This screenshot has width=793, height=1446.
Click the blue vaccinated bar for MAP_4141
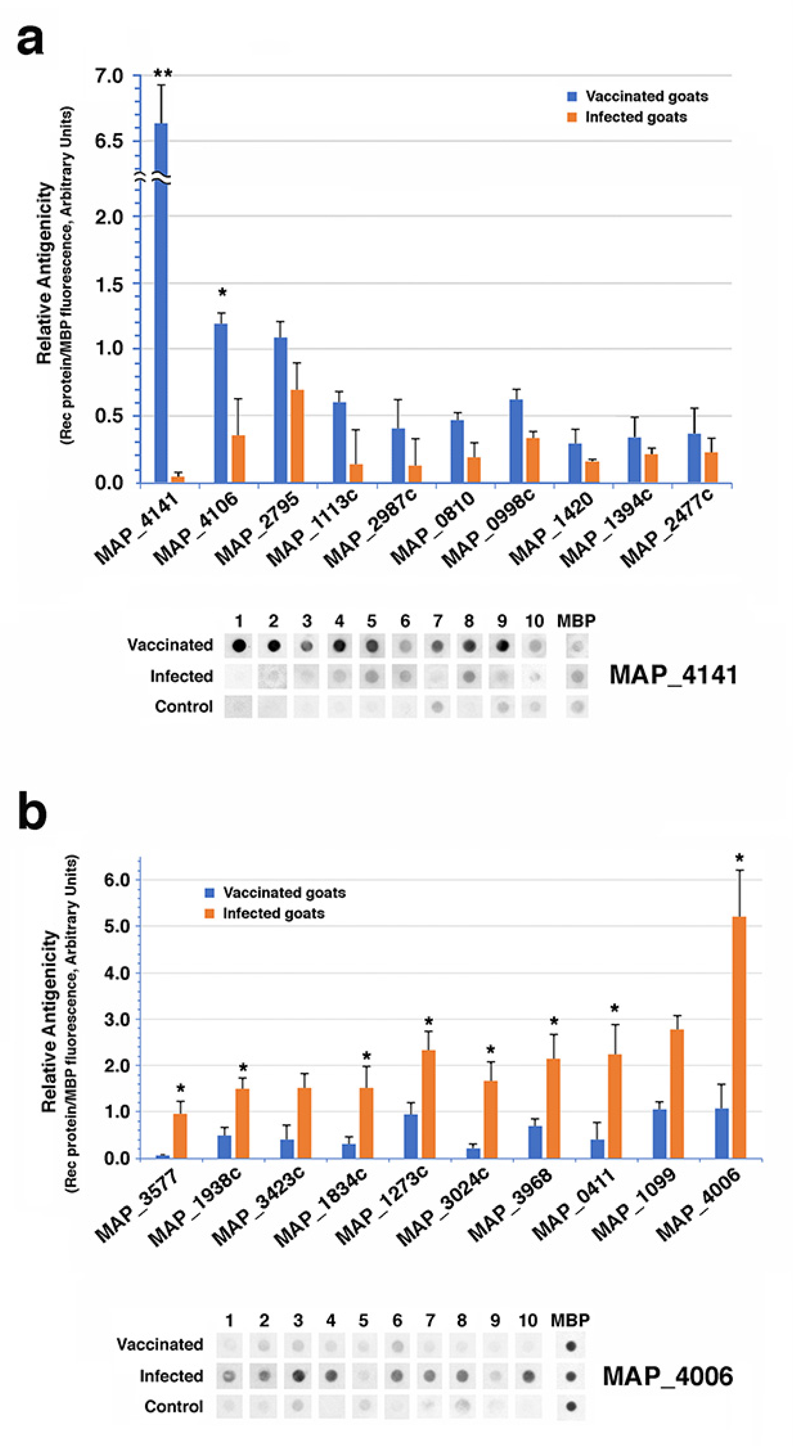tap(161, 303)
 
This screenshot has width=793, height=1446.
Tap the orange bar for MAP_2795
tap(297, 436)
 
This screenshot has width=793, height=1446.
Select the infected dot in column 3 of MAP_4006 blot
tap(298, 1375)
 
